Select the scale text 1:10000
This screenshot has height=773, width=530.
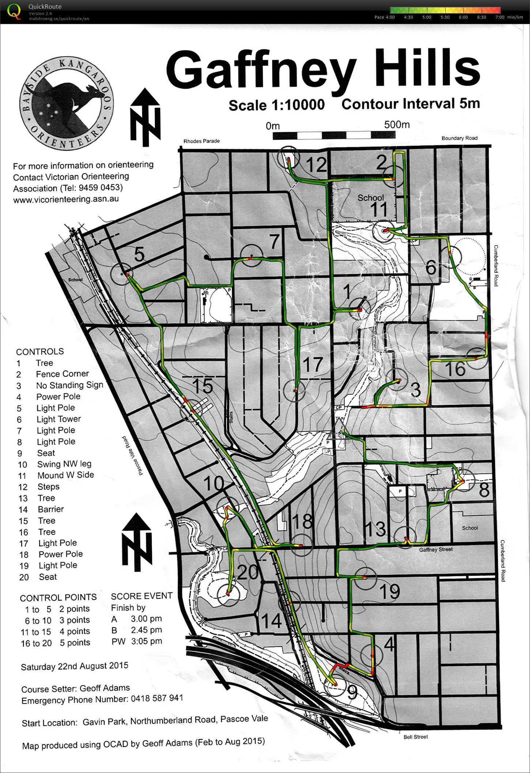(x=298, y=105)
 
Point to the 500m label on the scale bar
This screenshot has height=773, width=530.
(x=397, y=125)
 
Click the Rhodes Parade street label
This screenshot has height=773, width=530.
(x=201, y=141)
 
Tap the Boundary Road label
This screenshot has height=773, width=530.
(x=459, y=138)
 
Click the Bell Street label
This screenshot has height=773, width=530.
(x=416, y=737)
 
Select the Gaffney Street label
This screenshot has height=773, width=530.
(x=436, y=549)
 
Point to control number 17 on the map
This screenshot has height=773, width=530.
(x=313, y=364)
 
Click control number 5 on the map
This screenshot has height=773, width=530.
(x=139, y=254)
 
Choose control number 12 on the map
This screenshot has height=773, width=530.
(x=316, y=165)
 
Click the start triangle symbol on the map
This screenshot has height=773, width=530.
(x=338, y=430)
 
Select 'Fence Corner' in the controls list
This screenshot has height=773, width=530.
(x=62, y=374)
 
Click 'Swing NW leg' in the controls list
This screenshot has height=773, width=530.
(x=64, y=464)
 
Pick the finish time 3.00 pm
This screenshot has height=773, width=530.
(x=146, y=619)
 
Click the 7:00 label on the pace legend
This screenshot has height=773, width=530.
(x=500, y=17)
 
